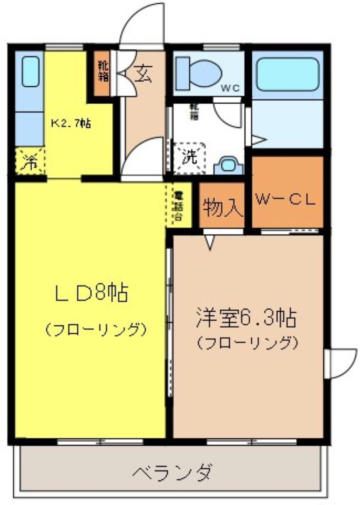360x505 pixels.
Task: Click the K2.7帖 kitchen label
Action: click(x=71, y=123)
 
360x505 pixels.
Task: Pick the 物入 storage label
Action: click(x=221, y=208)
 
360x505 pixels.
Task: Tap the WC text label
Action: click(x=230, y=88)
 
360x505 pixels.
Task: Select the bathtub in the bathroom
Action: click(x=288, y=74)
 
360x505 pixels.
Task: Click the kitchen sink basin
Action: click(x=30, y=71)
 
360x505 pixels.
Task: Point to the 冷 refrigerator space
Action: click(x=30, y=161)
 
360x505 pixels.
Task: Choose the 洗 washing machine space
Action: click(x=190, y=157)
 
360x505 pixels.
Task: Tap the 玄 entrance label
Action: click(x=143, y=74)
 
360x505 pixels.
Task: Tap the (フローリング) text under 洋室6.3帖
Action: click(x=247, y=342)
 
